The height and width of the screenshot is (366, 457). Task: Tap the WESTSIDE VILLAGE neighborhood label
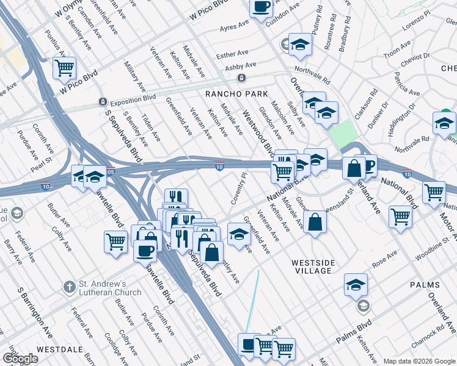click(315, 266)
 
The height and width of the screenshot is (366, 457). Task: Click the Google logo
click(20, 359)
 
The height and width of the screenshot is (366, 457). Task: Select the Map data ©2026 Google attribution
click(419, 361)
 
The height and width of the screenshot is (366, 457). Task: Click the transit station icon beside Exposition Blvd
click(103, 101)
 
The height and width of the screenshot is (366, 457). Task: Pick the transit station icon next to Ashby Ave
click(242, 78)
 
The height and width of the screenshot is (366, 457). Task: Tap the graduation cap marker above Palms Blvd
click(356, 285)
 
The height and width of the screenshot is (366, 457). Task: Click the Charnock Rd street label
click(431, 335)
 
